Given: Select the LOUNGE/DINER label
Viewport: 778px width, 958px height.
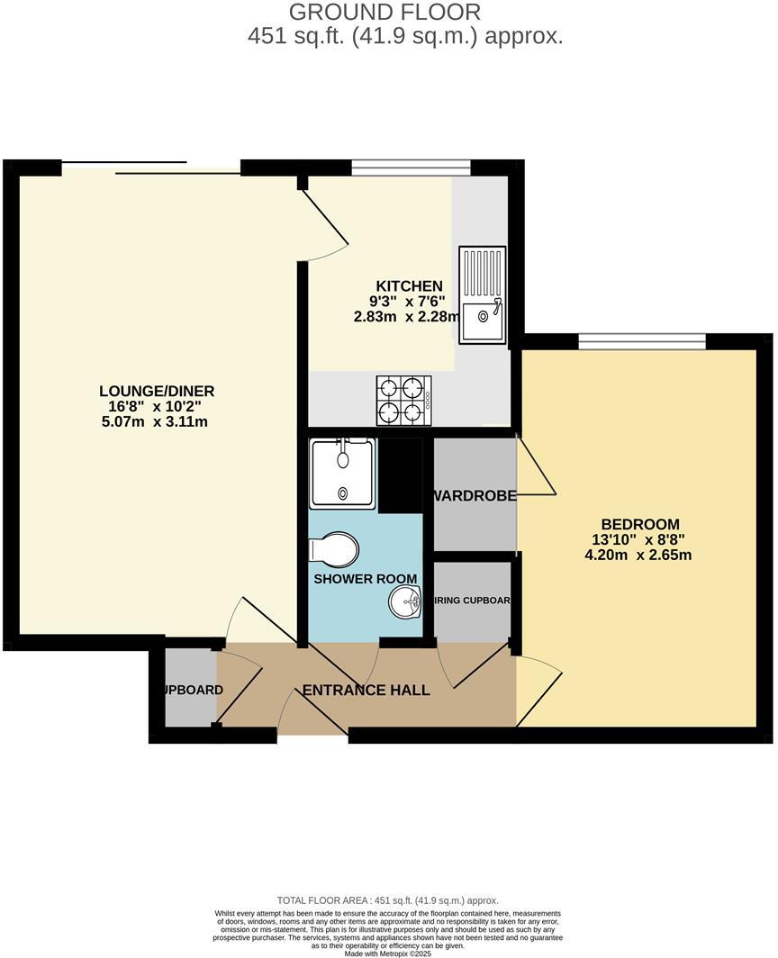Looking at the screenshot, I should [x=157, y=391].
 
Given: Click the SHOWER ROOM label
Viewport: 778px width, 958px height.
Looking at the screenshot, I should [x=365, y=579].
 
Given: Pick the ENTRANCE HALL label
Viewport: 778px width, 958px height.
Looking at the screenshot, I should [x=366, y=691].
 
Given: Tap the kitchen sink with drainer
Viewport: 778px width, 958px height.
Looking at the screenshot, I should [x=483, y=294].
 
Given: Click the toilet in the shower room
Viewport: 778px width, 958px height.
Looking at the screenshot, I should [x=334, y=548].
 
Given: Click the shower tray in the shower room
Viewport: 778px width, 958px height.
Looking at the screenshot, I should [x=342, y=474].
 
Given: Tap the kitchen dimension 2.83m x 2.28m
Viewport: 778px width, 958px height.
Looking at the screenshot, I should [x=403, y=316].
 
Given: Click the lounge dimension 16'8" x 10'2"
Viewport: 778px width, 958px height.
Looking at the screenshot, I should [x=157, y=406].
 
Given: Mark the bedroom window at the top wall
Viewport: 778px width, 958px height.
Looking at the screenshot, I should [x=641, y=339].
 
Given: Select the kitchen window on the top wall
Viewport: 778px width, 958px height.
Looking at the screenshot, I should [x=411, y=166].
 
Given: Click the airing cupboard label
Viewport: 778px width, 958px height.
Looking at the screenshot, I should [x=473, y=601].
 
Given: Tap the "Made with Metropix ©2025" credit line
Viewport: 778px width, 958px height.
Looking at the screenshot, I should [x=388, y=953].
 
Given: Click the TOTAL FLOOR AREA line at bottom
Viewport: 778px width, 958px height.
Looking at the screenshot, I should [x=388, y=900].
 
